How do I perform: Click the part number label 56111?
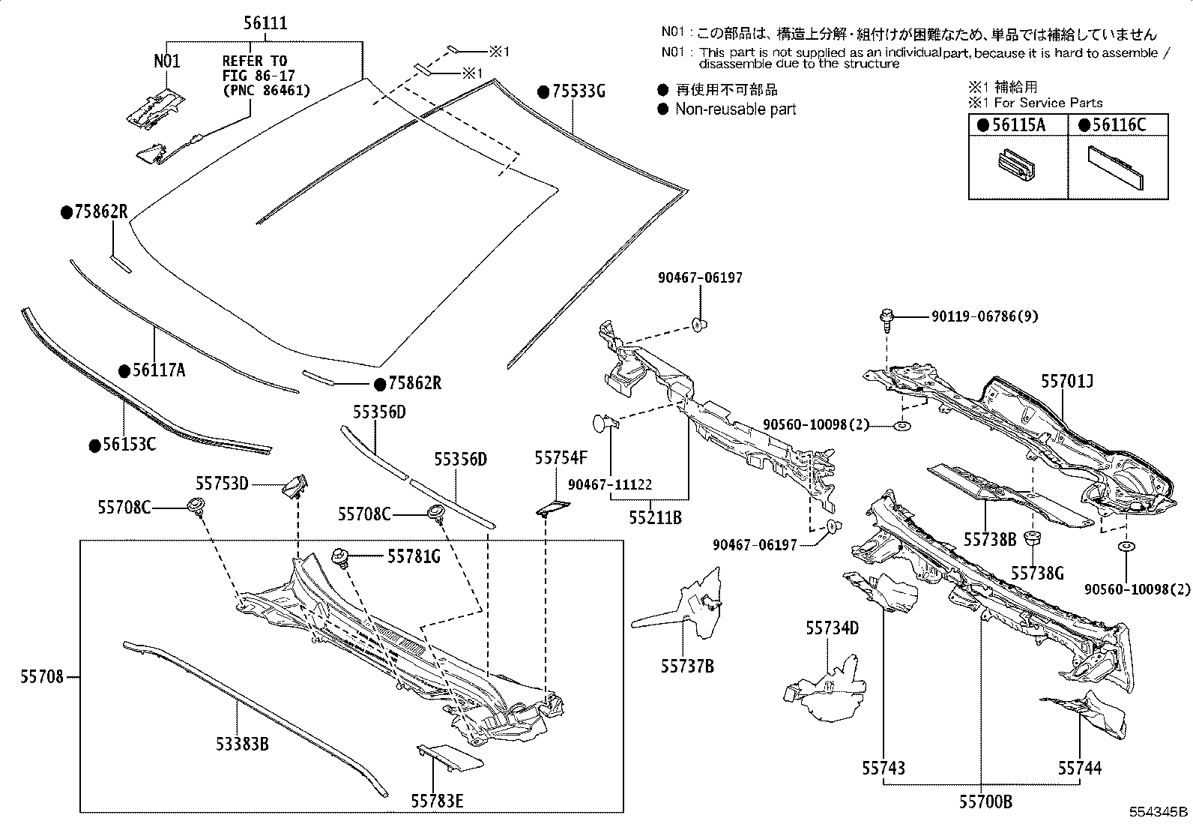coord(265,23)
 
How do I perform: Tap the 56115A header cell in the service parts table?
coord(1017,125)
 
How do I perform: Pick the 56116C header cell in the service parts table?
coord(1117,125)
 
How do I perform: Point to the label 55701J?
coord(1066,382)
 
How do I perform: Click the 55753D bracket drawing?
coord(295,485)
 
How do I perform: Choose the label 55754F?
coord(561,457)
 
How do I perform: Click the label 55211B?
coord(654,517)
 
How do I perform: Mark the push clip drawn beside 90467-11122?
coord(604,424)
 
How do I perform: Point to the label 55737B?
coord(687,666)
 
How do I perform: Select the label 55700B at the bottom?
coord(985,802)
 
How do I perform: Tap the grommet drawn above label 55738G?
coord(1034,538)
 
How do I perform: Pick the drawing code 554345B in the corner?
coord(1159,811)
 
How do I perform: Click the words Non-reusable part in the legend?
coord(735,109)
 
